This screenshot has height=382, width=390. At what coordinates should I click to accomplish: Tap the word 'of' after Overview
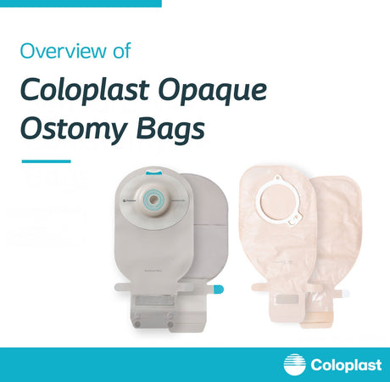[x=121, y=50]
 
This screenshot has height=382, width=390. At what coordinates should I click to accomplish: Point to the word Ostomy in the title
[x=62, y=131]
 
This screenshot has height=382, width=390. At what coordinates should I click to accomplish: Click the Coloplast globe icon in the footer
[x=294, y=364]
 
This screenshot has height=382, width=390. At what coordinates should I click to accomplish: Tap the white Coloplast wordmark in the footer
[x=343, y=364]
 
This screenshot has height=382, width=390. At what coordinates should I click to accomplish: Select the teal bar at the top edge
[x=81, y=3]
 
